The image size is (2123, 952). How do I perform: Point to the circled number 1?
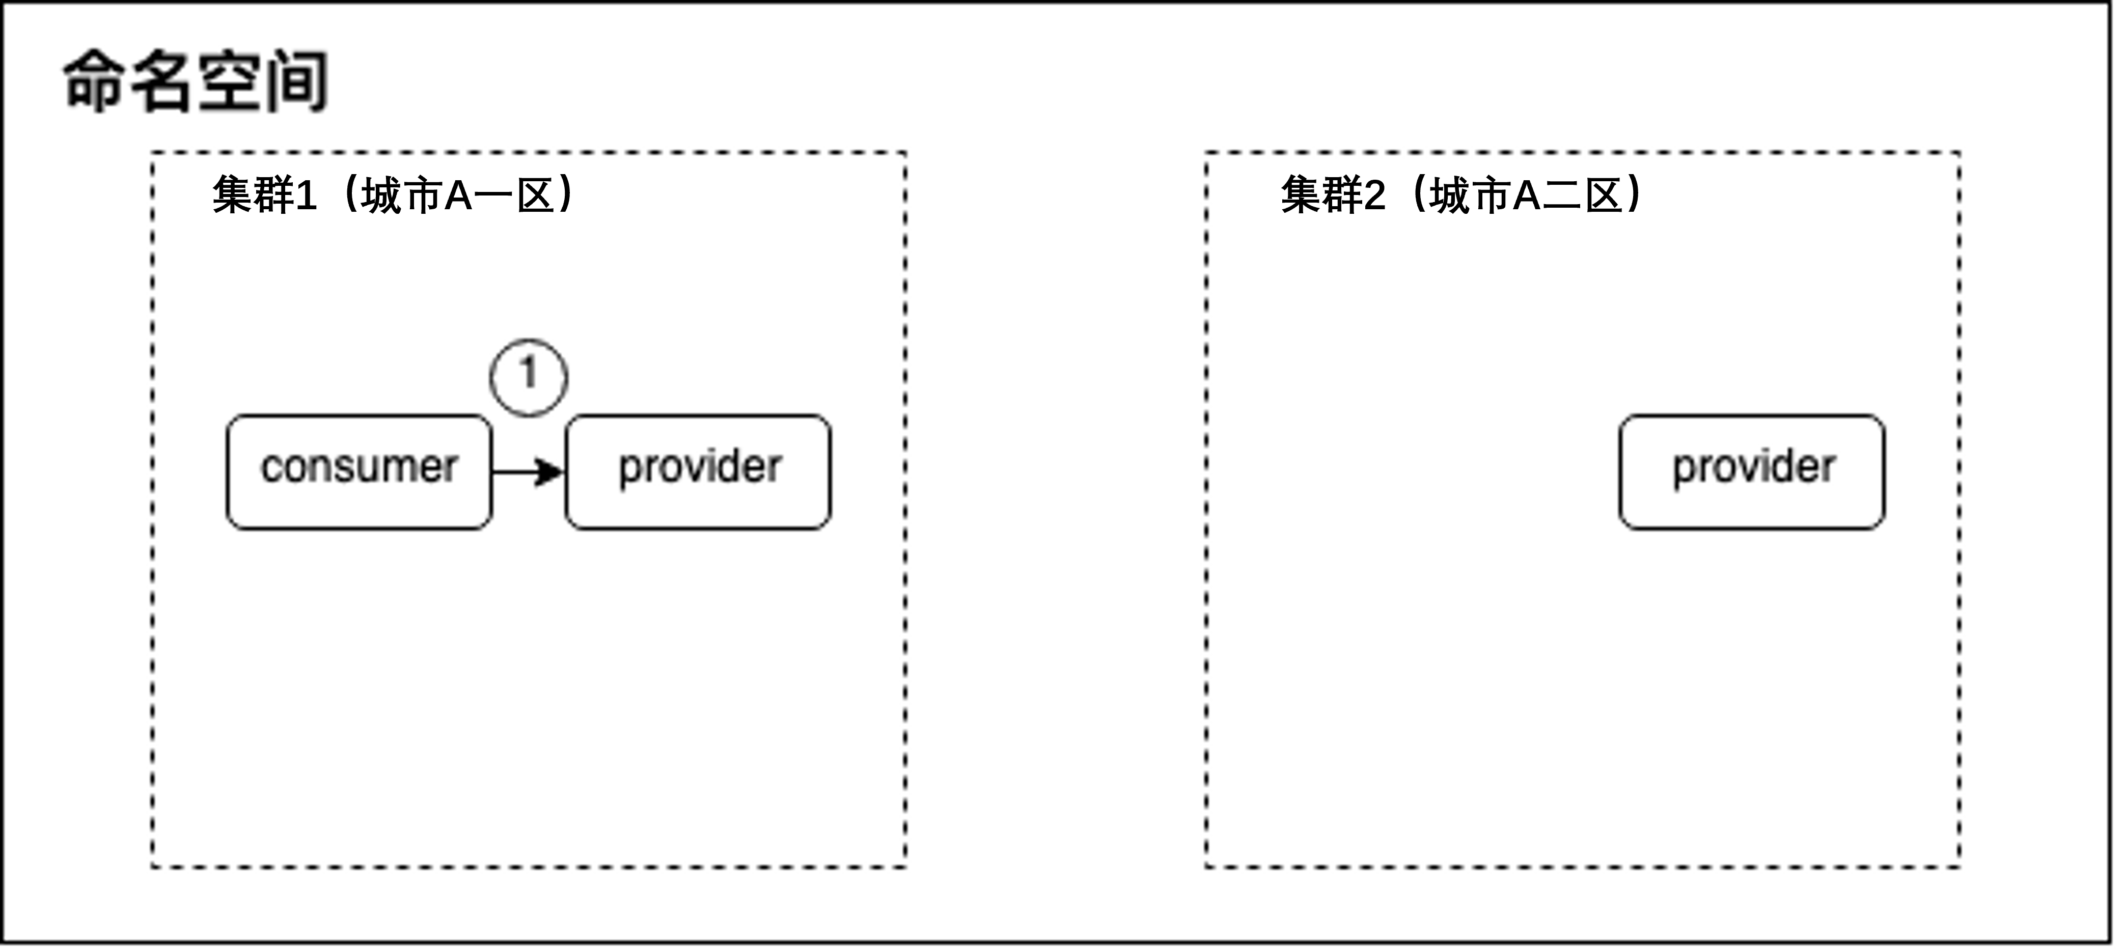pyautogui.click(x=528, y=377)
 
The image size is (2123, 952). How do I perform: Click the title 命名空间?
pyautogui.click(x=196, y=81)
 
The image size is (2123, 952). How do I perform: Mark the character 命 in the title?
pyautogui.click(x=95, y=81)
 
